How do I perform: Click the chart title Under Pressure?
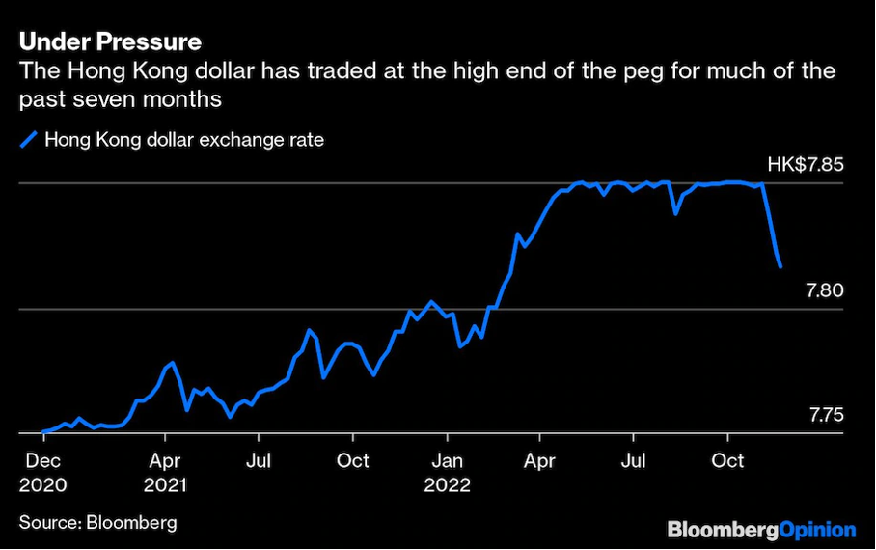[x=111, y=42]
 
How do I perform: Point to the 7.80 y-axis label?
[x=825, y=289]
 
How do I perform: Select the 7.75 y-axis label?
[x=825, y=416]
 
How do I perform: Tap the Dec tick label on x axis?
[x=43, y=461]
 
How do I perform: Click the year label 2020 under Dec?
[x=43, y=485]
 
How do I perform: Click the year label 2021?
[x=168, y=485]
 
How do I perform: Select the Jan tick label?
[x=448, y=461]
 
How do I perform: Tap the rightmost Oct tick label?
[x=728, y=461]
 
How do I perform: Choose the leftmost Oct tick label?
[x=353, y=461]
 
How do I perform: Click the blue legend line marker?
[x=28, y=140]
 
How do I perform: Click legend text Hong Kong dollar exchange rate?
[x=184, y=140]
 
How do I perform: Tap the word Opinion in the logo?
[x=815, y=530]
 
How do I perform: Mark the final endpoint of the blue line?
[x=780, y=266]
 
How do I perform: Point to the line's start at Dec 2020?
[x=43, y=431]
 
